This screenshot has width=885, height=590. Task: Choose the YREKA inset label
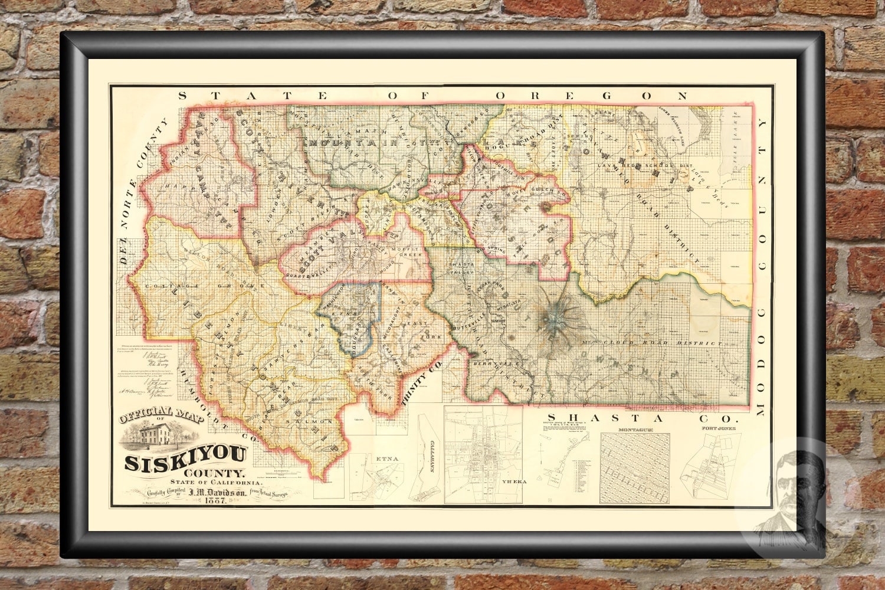click(512, 481)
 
